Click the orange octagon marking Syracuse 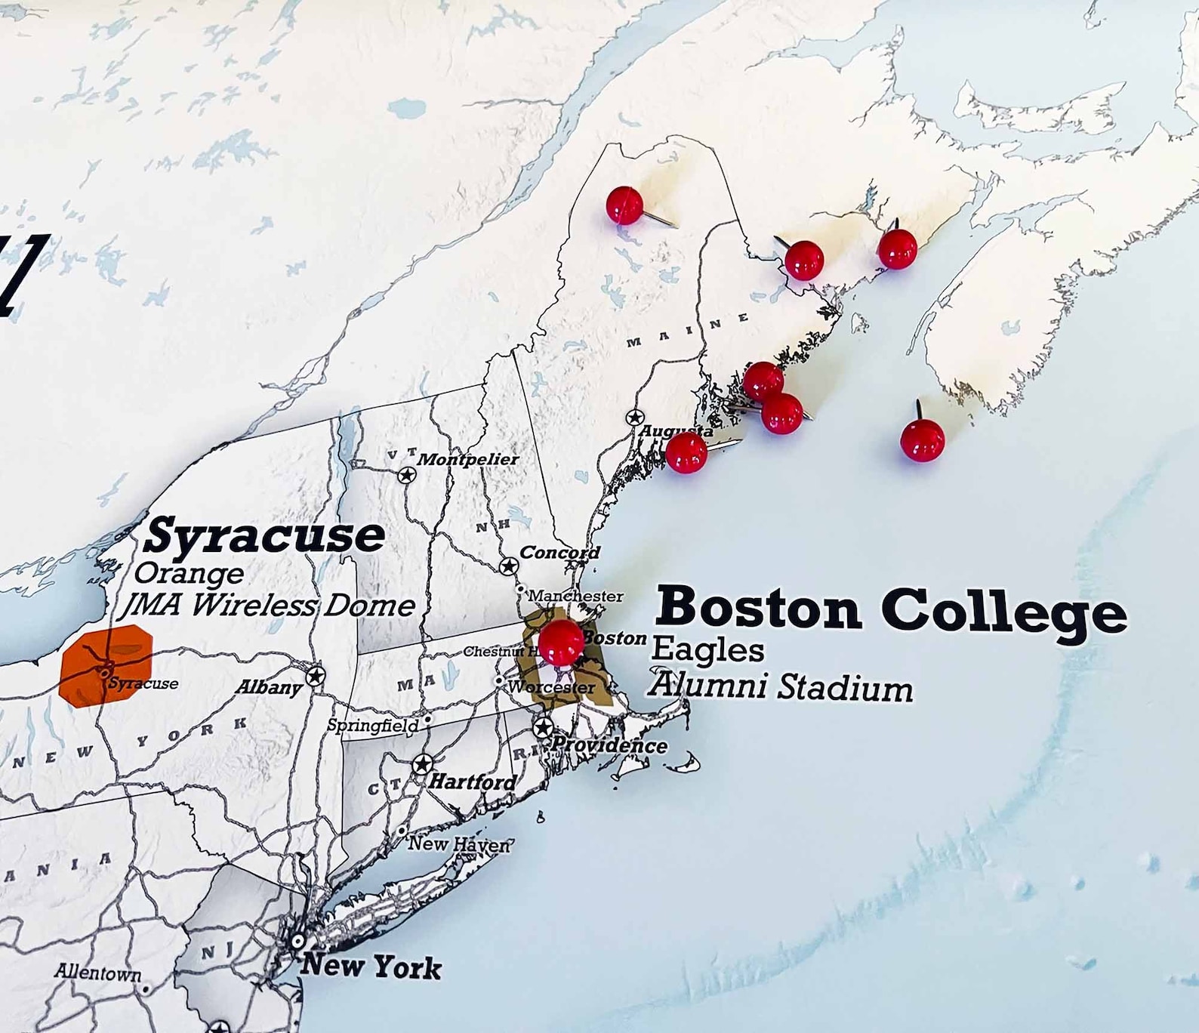tap(106, 665)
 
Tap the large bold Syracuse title tap(264, 536)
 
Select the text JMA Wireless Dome tap(268, 605)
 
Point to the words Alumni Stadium tap(781, 686)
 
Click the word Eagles tap(707, 649)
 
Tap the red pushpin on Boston tap(561, 642)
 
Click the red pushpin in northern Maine tap(625, 205)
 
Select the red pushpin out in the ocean tap(922, 439)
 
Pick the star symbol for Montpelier tap(407, 475)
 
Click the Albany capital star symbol tap(316, 675)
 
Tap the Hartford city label tap(473, 782)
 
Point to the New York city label tap(371, 967)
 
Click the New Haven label tap(459, 844)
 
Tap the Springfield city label tap(373, 726)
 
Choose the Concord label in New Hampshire tap(559, 552)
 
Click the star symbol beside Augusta tap(634, 417)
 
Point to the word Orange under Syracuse tap(189, 574)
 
